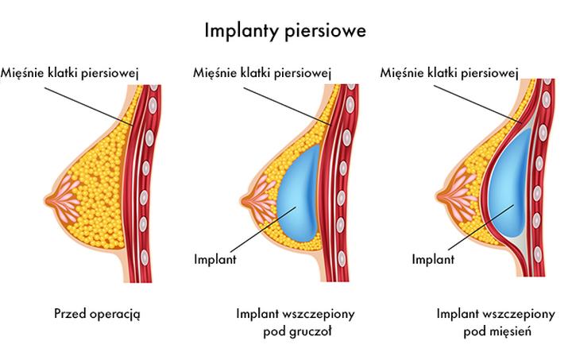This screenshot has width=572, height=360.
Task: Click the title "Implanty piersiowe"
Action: coord(286,31)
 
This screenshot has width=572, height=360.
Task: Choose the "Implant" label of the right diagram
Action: coord(434,258)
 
